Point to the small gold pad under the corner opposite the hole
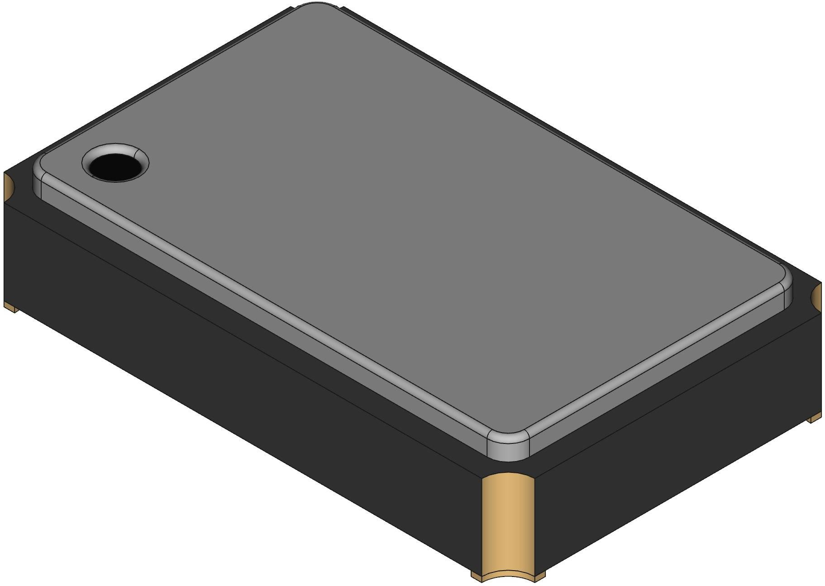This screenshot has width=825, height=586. [x=814, y=418]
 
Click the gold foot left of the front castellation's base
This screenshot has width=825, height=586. [x=476, y=575]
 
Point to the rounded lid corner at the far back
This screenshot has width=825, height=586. [x=317, y=6]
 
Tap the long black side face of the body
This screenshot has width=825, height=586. [x=226, y=362]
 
